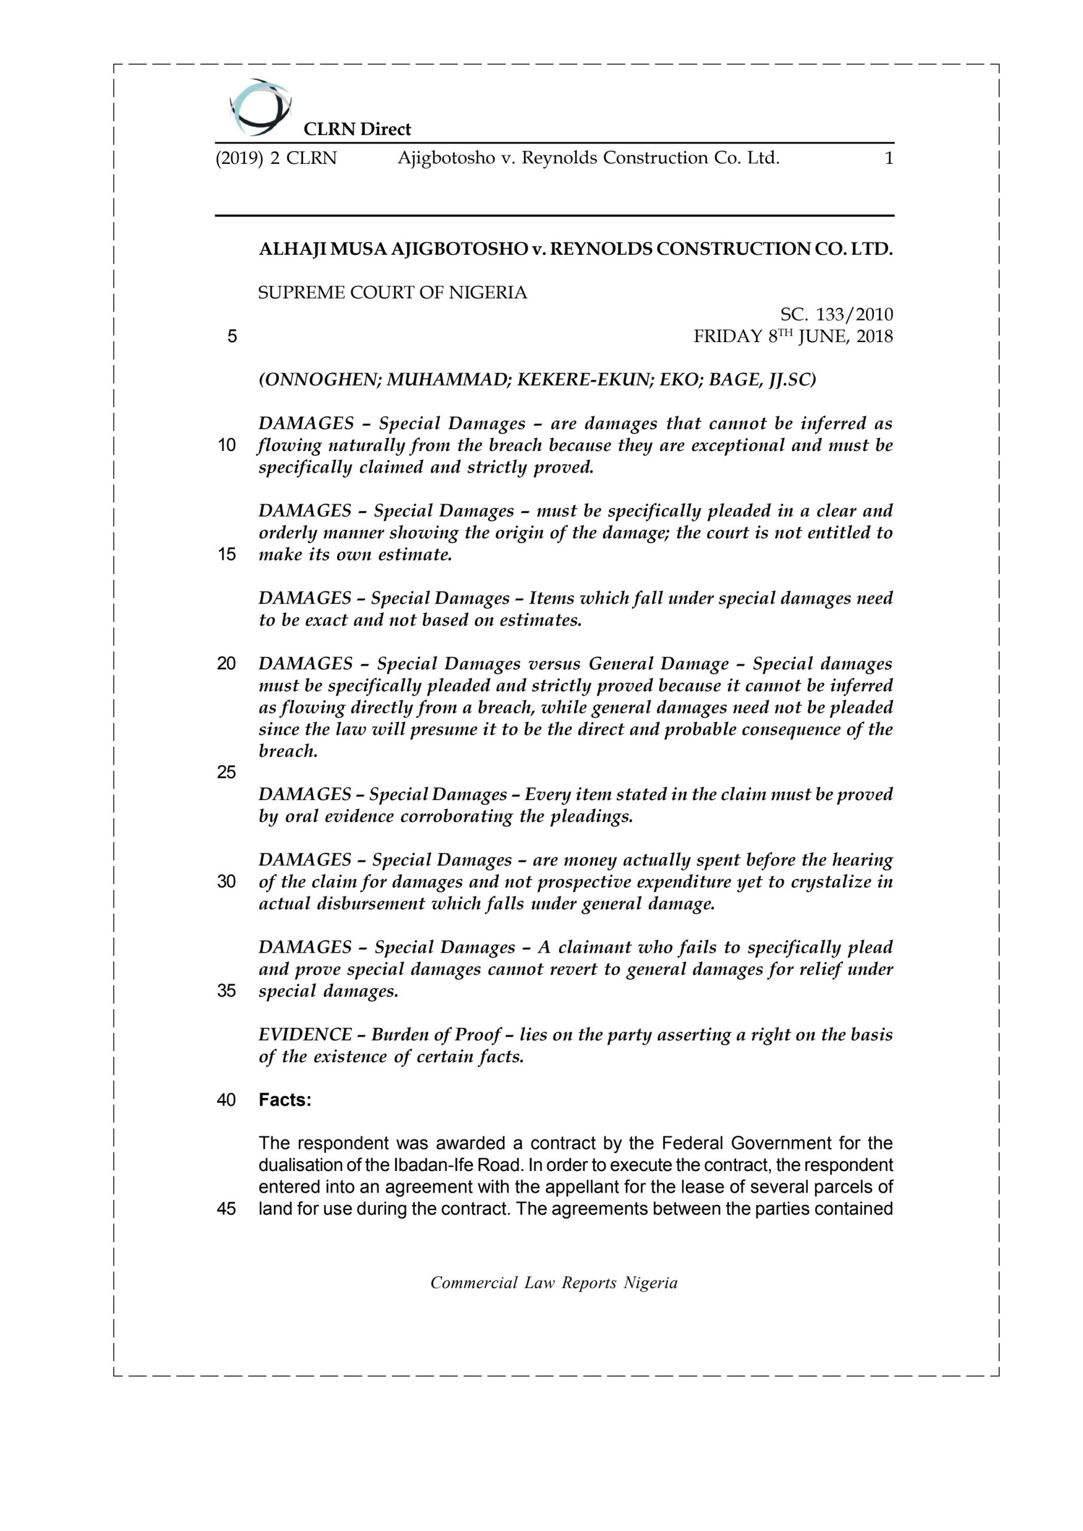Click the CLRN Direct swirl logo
pyautogui.click(x=260, y=106)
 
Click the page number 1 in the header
pyautogui.click(x=887, y=158)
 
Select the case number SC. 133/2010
pyautogui.click(x=836, y=314)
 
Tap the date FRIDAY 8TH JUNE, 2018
pyautogui.click(x=793, y=336)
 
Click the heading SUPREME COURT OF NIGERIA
pyautogui.click(x=392, y=292)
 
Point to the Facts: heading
pyautogui.click(x=285, y=1100)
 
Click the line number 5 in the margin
pyautogui.click(x=231, y=336)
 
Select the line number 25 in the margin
pyautogui.click(x=226, y=772)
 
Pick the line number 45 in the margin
pyautogui.click(x=226, y=1209)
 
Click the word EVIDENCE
pyautogui.click(x=305, y=1035)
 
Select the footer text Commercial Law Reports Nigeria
pyautogui.click(x=554, y=1283)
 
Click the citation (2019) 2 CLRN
pyautogui.click(x=276, y=158)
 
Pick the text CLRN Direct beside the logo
pyautogui.click(x=357, y=129)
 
